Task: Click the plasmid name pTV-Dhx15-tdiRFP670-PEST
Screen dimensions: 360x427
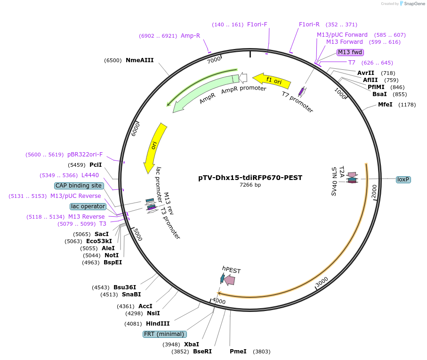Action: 250,178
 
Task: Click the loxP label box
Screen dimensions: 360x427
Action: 403,180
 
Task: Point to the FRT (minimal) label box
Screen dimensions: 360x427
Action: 164,334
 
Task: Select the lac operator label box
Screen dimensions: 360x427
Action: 88,206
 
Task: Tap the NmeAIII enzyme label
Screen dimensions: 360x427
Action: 139,60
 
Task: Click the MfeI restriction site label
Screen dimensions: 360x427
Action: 385,105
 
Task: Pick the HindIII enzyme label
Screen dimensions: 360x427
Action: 158,324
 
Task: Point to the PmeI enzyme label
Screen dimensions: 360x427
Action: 238,352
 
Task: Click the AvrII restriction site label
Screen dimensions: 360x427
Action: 366,73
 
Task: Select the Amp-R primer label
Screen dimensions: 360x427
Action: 190,36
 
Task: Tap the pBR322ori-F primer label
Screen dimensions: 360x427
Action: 85,155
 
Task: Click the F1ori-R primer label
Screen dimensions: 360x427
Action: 309,25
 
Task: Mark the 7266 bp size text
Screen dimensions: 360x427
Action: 250,185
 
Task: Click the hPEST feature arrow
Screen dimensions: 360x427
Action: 229,280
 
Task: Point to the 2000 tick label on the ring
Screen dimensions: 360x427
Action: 374,192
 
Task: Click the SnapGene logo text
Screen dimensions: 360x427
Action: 413,4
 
